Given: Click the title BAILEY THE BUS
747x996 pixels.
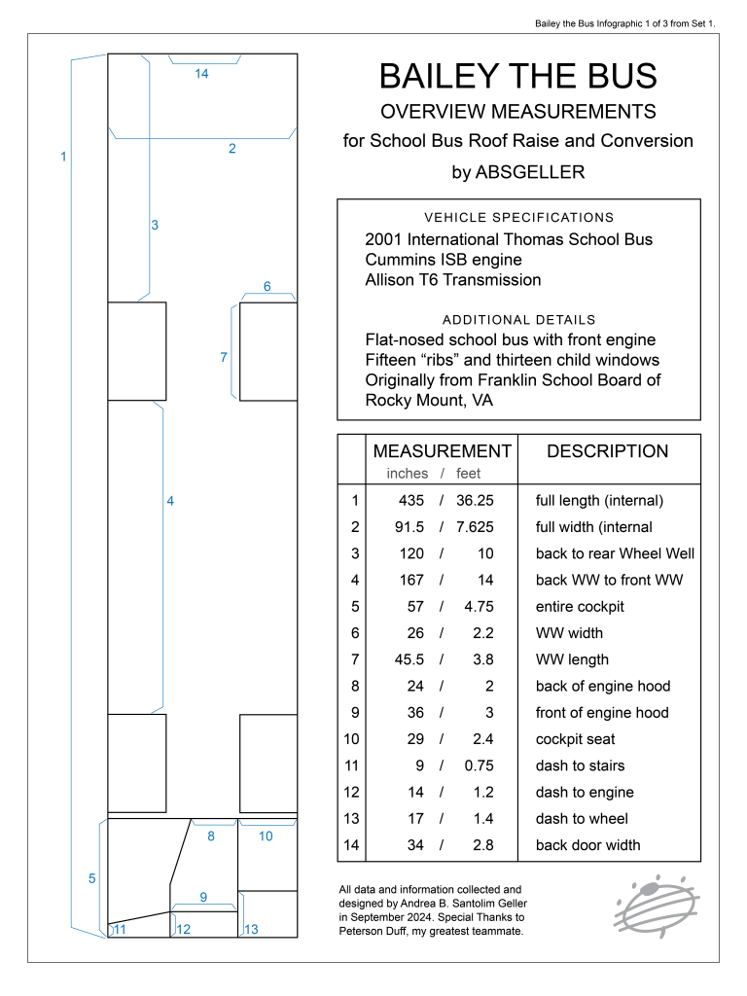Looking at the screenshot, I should tap(517, 76).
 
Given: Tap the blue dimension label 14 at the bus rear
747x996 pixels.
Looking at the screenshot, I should tap(201, 74).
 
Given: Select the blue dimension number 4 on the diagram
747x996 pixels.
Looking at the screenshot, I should tap(170, 501).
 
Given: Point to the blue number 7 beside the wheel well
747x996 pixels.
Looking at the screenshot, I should tap(224, 357).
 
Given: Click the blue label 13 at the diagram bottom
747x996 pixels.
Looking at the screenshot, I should tap(251, 930).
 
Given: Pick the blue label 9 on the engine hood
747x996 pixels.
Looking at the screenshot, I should tap(203, 897).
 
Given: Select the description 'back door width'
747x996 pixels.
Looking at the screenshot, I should tap(587, 845).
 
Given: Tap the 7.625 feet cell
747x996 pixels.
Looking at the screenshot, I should tap(475, 527).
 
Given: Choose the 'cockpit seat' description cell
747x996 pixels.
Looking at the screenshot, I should tap(575, 739).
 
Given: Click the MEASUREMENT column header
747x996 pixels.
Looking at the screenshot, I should tap(442, 451).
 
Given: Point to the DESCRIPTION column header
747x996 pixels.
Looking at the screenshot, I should tap(608, 451).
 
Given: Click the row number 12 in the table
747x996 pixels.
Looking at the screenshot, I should tap(351, 792).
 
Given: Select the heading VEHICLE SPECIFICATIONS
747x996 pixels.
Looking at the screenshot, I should tap(518, 217).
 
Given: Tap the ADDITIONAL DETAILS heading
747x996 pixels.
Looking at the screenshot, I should tap(518, 319).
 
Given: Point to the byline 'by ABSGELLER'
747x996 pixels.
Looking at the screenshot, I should tap(517, 172).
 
